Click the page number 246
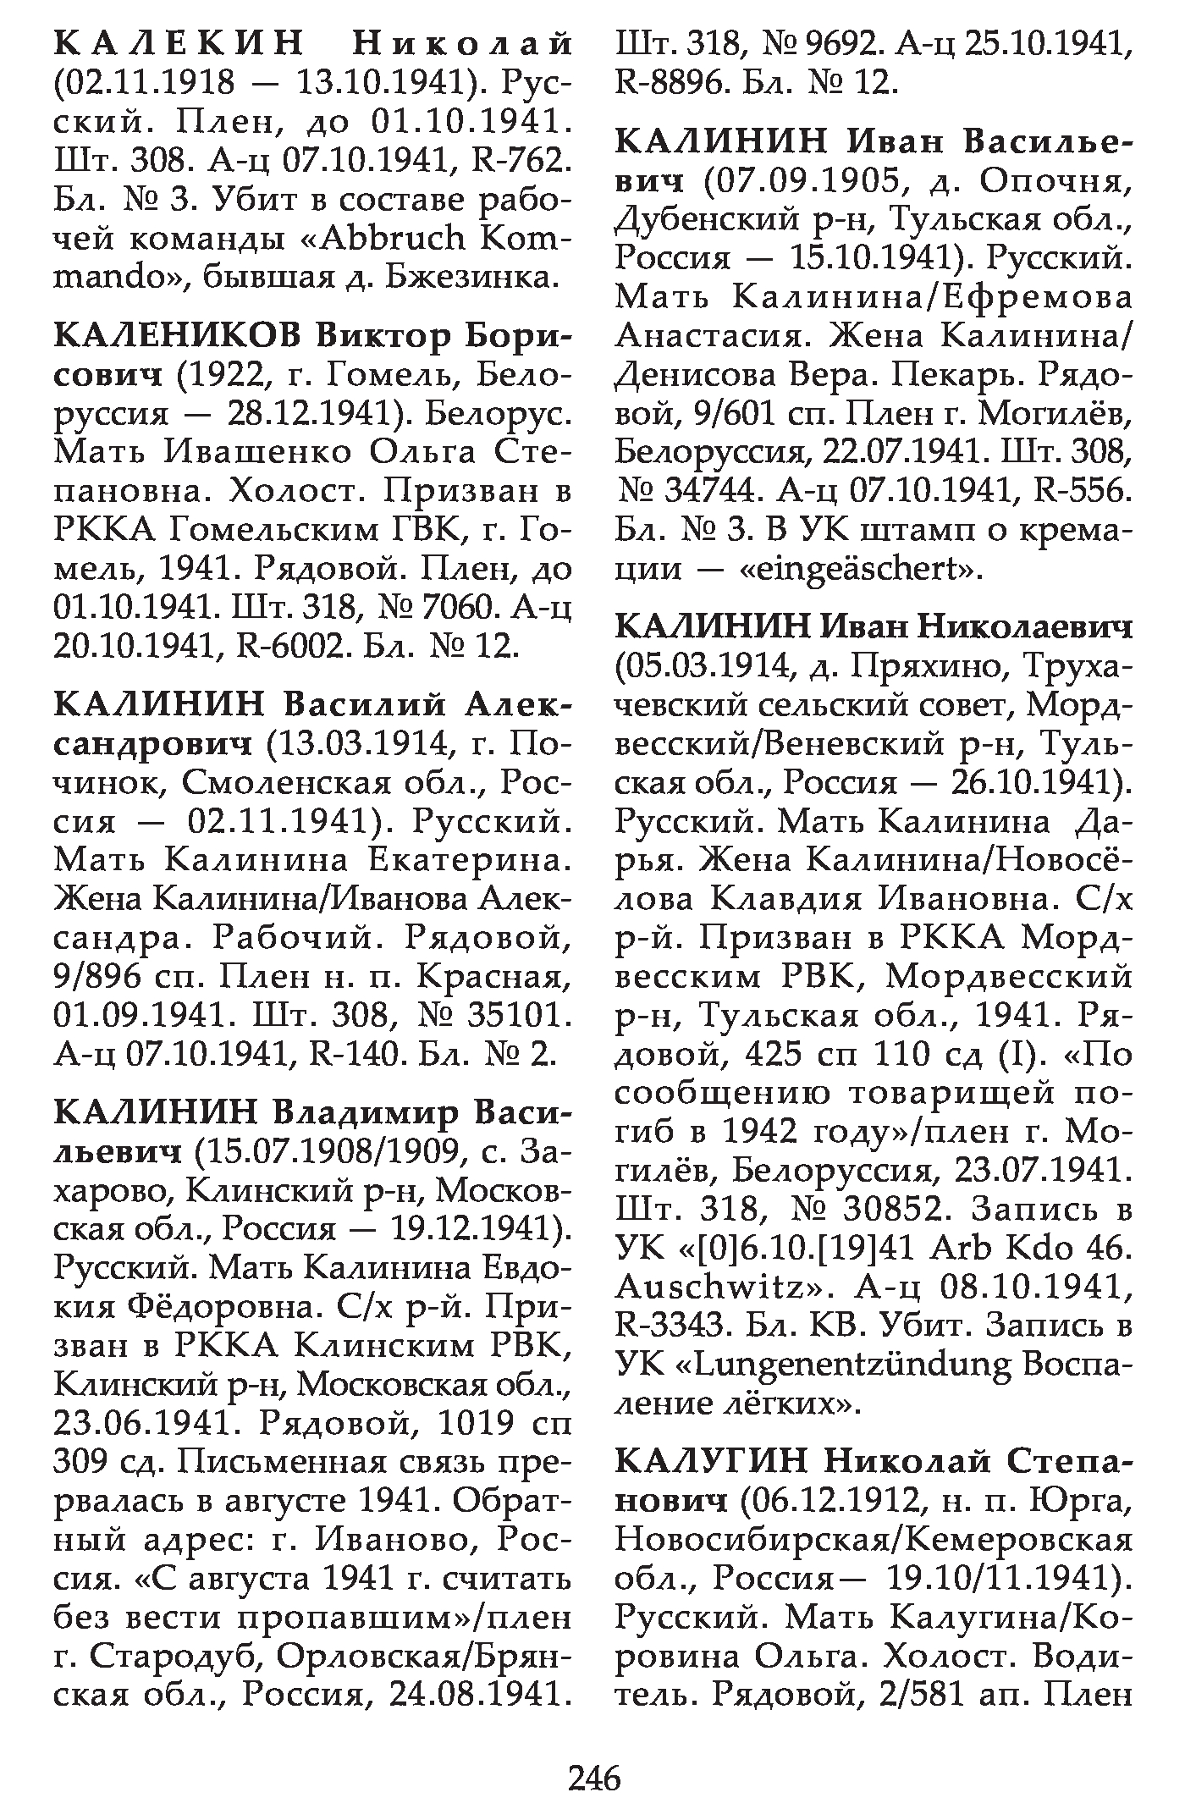[594, 1779]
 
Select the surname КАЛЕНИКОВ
[176, 338]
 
